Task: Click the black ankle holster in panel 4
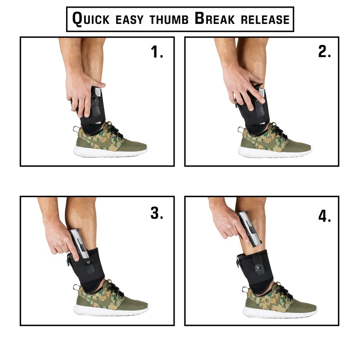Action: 256,270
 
